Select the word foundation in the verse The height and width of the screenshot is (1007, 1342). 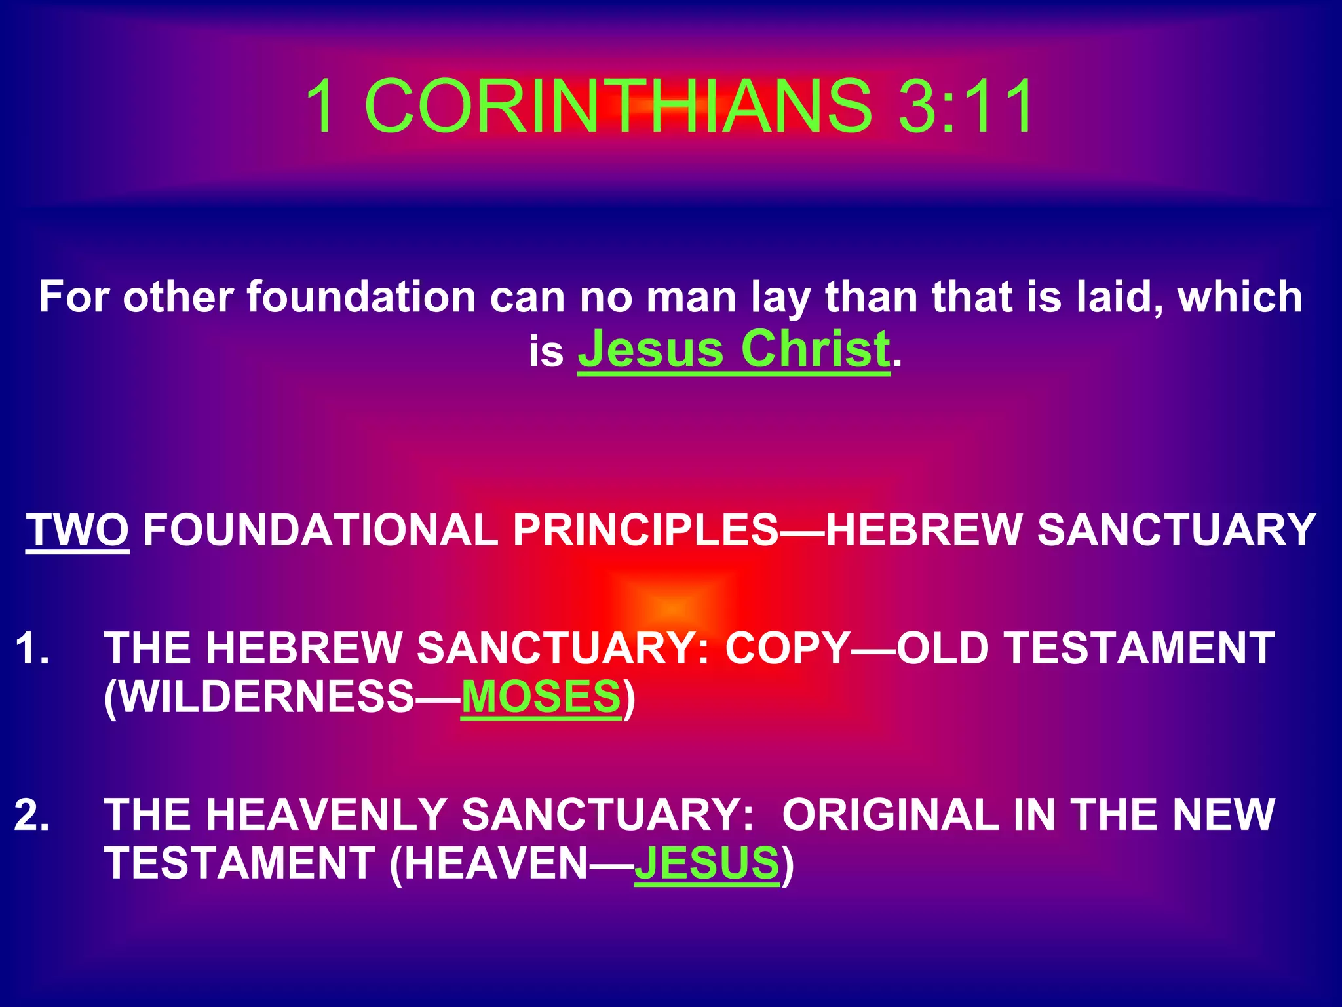pyautogui.click(x=361, y=297)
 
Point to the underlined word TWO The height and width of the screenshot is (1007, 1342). pyautogui.click(x=77, y=530)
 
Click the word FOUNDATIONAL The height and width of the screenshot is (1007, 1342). pyautogui.click(x=320, y=530)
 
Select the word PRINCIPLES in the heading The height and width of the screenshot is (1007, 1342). pyautogui.click(x=645, y=530)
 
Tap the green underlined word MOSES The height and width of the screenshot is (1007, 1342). pyautogui.click(x=541, y=696)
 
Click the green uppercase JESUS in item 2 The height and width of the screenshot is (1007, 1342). pyautogui.click(x=707, y=863)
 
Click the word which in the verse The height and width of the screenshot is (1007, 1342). pyautogui.click(x=1240, y=297)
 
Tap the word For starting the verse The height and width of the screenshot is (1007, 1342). pyautogui.click(x=73, y=297)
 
